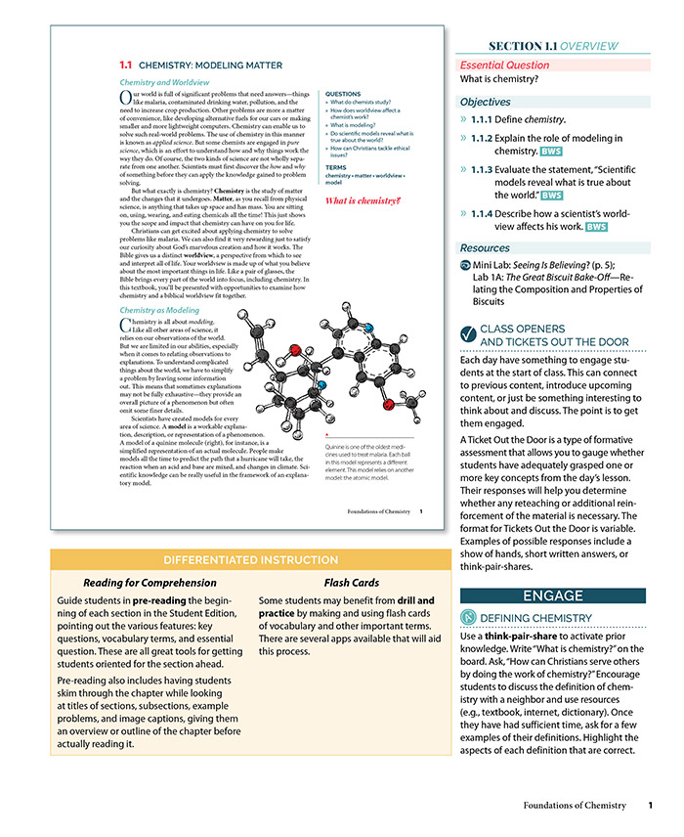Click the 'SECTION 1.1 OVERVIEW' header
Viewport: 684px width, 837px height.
pyautogui.click(x=553, y=45)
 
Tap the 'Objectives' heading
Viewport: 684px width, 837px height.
pyautogui.click(x=486, y=102)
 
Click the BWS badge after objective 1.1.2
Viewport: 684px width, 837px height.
pyautogui.click(x=551, y=152)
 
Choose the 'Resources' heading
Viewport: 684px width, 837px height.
pyautogui.click(x=486, y=248)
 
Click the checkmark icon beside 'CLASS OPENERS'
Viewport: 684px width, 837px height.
pyautogui.click(x=468, y=335)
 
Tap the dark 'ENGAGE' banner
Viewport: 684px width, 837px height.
pyautogui.click(x=553, y=595)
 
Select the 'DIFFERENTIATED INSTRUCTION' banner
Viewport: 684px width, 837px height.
pyautogui.click(x=237, y=560)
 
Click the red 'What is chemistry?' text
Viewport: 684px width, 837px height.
pyautogui.click(x=363, y=200)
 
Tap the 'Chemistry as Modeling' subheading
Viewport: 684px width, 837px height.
pyautogui.click(x=158, y=310)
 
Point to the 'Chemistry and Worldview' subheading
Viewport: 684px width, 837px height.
pyautogui.click(x=163, y=83)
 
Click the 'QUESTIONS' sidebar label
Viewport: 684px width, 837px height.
pyautogui.click(x=344, y=94)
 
